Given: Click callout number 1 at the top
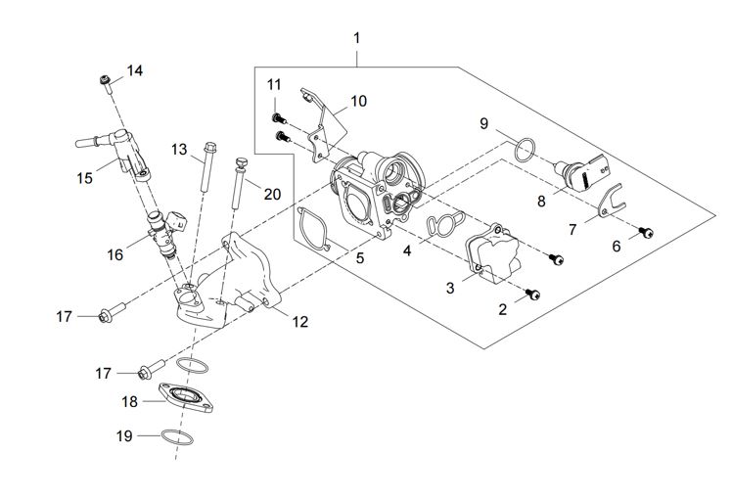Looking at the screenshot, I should pos(356,38).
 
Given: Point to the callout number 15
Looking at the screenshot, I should pos(85,177).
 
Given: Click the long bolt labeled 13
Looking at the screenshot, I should pos(206,170).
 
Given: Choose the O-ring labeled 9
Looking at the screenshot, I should pos(525,150).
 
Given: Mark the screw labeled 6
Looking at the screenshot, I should pos(647,233).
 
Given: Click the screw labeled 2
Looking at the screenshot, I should pos(532,293).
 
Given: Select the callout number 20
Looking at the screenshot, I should pos(272,194).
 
